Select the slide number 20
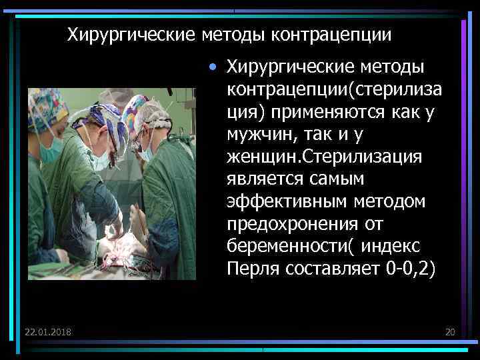[449, 332]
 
